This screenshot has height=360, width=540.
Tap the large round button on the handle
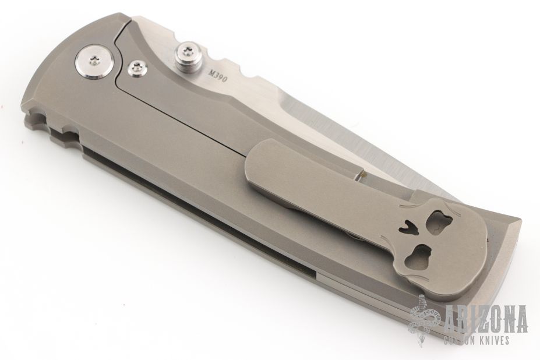tap(93, 61)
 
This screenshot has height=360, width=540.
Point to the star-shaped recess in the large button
tap(94, 61)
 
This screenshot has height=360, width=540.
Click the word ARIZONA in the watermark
tap(486, 318)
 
